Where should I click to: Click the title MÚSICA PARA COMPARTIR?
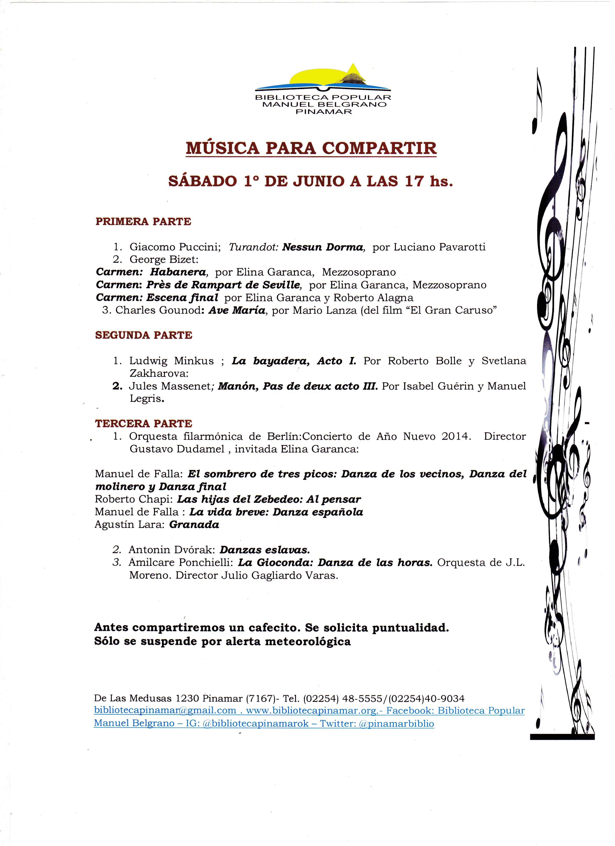point(311,148)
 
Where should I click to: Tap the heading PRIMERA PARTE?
point(143,222)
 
